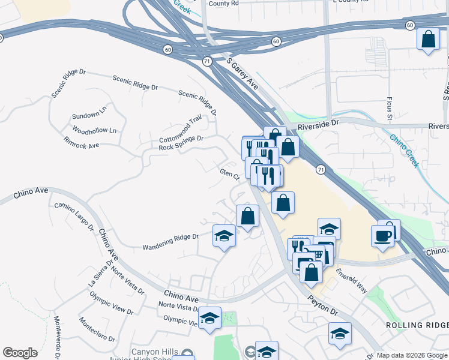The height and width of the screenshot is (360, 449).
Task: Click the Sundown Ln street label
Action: point(89,115)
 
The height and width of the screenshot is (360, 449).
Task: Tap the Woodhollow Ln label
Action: point(94,130)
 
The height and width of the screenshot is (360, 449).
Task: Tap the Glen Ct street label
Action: point(230,175)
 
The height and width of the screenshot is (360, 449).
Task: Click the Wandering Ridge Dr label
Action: point(170,242)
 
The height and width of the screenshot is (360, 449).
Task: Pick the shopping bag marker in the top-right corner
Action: point(428,40)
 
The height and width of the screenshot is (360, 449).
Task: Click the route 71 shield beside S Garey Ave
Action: point(208,62)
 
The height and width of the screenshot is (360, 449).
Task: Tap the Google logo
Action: point(20,353)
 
